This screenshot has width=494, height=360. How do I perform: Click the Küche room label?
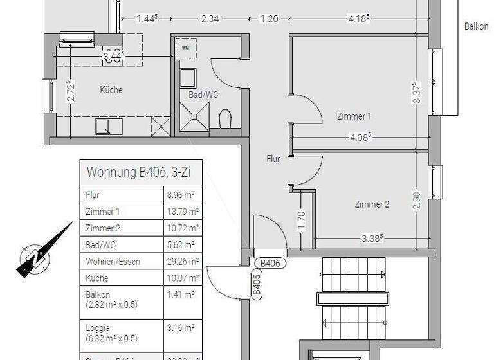click(111, 90)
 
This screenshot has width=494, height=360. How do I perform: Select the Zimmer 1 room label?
click(354, 116)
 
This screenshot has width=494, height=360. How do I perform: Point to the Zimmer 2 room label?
click(372, 204)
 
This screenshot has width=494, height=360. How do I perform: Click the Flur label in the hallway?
click(273, 158)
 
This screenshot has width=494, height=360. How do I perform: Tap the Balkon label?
click(477, 27)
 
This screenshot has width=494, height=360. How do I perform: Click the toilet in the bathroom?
click(225, 119)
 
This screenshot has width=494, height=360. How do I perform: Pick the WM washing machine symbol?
click(186, 48)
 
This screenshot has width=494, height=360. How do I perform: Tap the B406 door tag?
click(270, 262)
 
